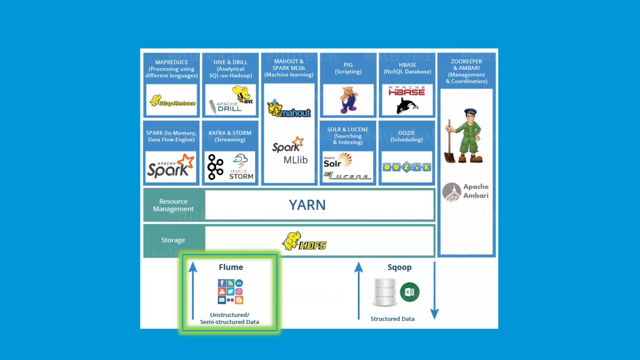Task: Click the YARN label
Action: click(x=307, y=205)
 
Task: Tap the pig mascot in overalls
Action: click(x=349, y=100)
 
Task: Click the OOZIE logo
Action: click(x=407, y=167)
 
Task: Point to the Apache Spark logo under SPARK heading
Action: click(x=171, y=167)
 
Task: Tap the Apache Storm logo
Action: click(x=241, y=167)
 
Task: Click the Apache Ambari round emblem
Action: click(x=452, y=192)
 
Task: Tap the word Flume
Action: click(x=231, y=267)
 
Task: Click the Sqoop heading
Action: click(x=399, y=267)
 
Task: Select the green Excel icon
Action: click(x=409, y=292)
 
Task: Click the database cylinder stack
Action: click(x=385, y=292)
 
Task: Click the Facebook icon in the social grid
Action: click(x=222, y=283)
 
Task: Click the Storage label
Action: click(x=173, y=240)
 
